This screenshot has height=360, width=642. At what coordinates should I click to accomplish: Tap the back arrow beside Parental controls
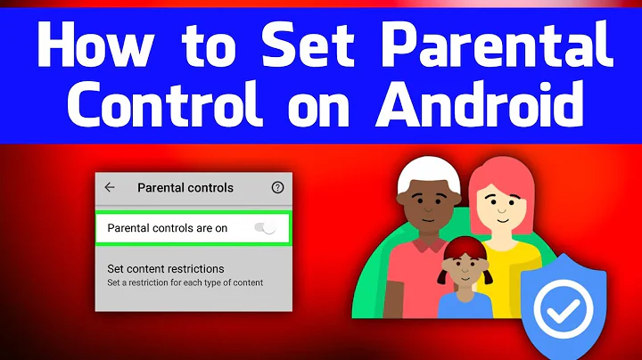click(110, 188)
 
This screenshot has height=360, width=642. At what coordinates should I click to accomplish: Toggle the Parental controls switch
click(265, 229)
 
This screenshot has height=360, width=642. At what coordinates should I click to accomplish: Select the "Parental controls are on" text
click(168, 229)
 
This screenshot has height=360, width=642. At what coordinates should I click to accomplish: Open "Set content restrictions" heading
click(166, 268)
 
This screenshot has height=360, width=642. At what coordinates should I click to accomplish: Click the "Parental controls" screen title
click(185, 188)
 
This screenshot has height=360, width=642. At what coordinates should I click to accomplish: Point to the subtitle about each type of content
click(185, 282)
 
